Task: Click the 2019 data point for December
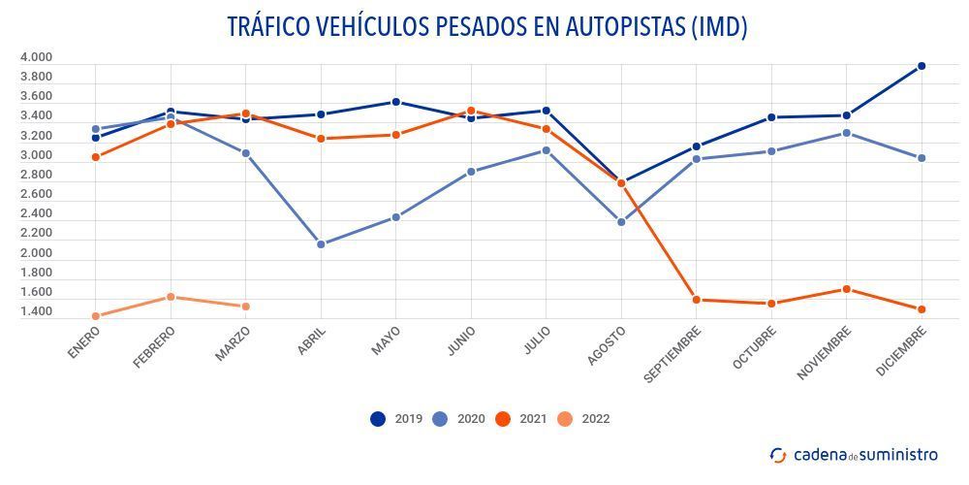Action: click(x=922, y=66)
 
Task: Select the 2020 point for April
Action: click(x=321, y=244)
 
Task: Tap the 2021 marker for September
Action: click(x=697, y=300)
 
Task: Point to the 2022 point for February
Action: click(x=171, y=297)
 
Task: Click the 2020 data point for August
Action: click(x=621, y=222)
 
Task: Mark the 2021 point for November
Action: click(x=847, y=289)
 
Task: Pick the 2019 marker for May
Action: click(x=395, y=102)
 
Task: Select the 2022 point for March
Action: click(x=246, y=307)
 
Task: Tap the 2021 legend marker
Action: click(x=503, y=419)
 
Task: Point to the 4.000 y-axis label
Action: click(x=36, y=57)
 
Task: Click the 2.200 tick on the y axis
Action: click(x=36, y=234)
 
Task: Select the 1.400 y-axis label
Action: click(x=36, y=312)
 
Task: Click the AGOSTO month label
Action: click(x=608, y=345)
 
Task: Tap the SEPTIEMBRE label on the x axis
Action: click(x=674, y=353)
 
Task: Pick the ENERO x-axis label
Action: click(x=84, y=342)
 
